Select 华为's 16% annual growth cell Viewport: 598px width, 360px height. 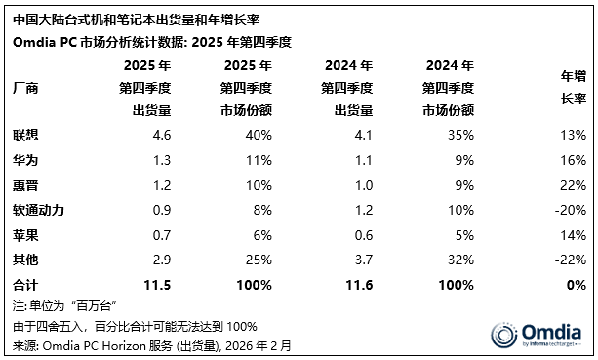point(573,158)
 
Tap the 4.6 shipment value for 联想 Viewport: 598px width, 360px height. point(161,133)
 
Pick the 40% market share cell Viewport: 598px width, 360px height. point(259,133)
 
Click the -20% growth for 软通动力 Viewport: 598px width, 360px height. point(570,210)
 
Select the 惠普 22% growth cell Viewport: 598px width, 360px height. point(573,183)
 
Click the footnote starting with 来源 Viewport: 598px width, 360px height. point(151,345)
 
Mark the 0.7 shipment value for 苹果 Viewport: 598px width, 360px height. point(161,235)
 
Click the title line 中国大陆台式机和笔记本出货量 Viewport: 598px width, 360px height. point(117,19)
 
